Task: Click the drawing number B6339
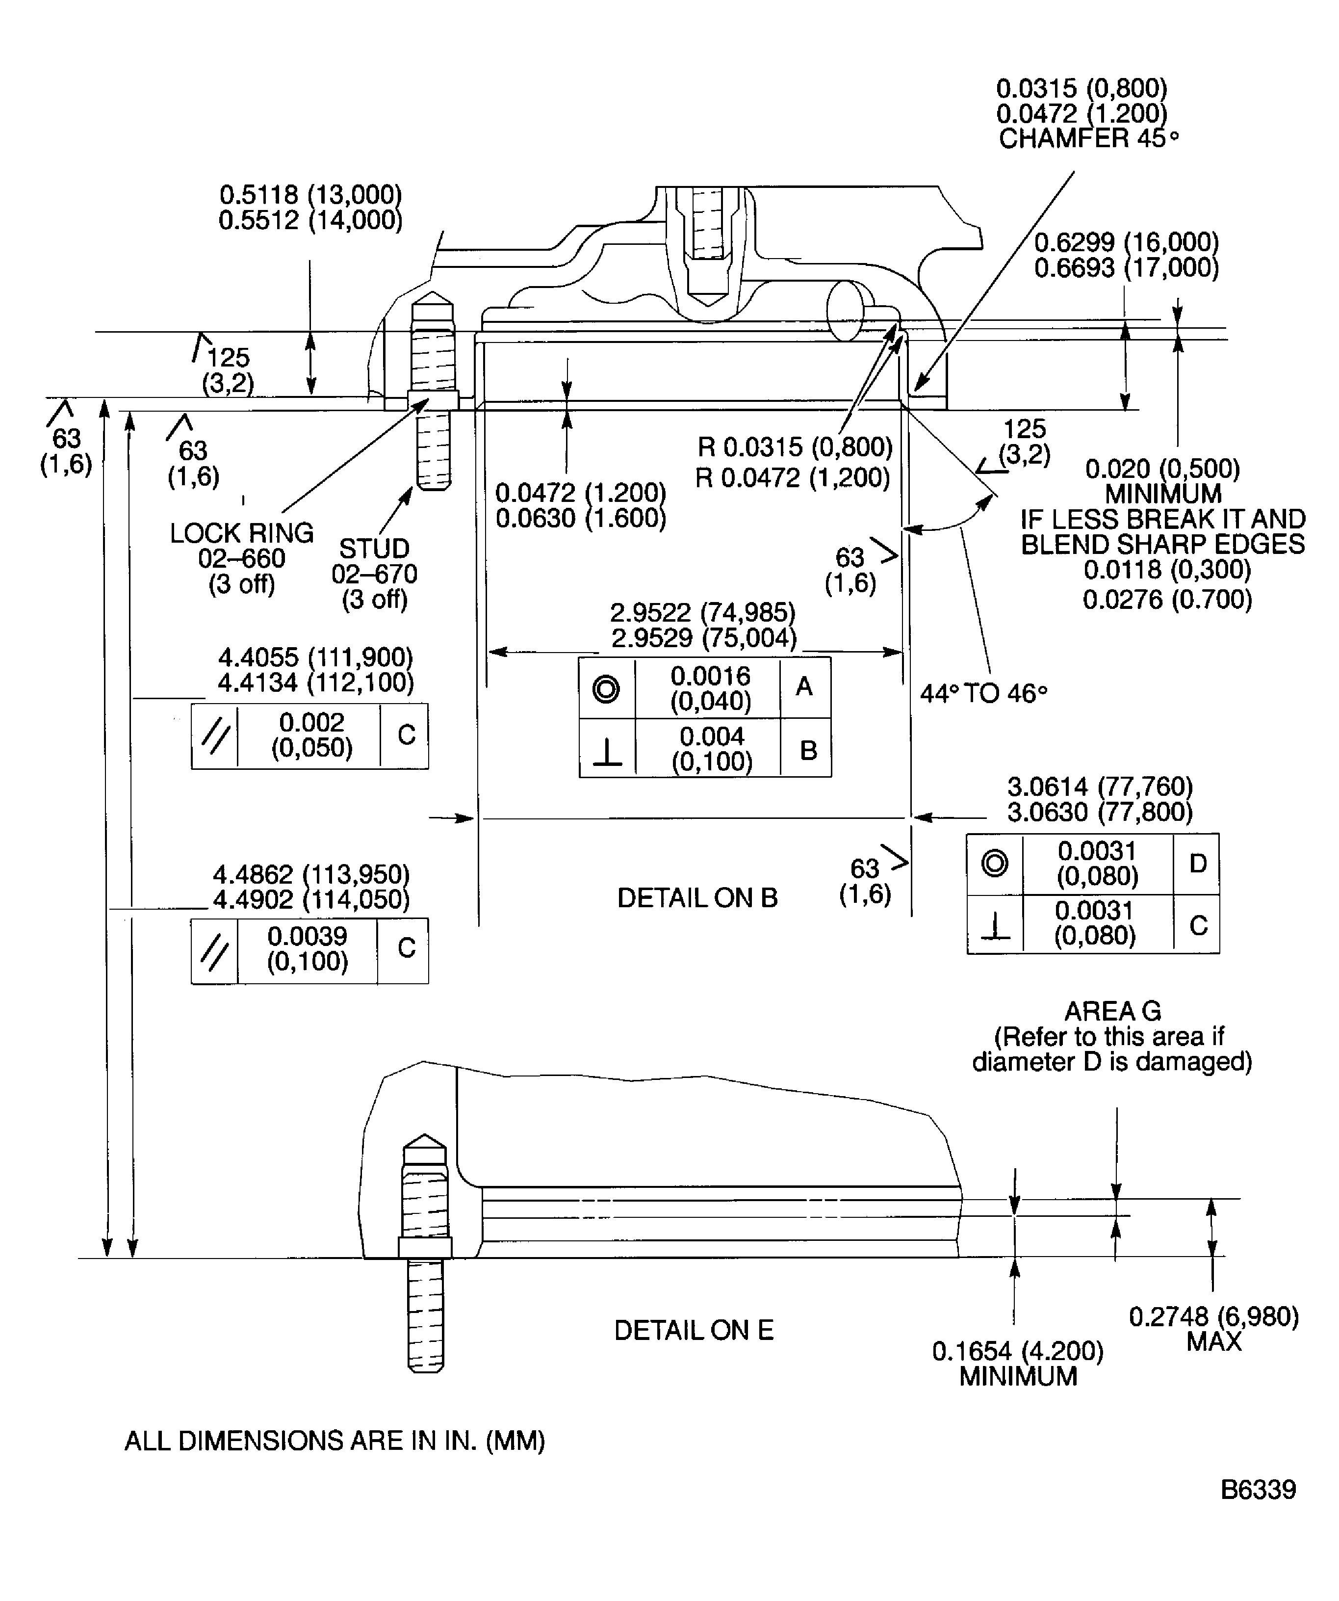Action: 1258,1489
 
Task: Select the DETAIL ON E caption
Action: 694,1330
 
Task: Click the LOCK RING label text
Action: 242,533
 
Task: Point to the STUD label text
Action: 374,548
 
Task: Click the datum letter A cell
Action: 805,688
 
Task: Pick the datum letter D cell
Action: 1197,864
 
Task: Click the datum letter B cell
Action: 808,750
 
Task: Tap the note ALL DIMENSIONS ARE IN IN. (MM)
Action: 335,1441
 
